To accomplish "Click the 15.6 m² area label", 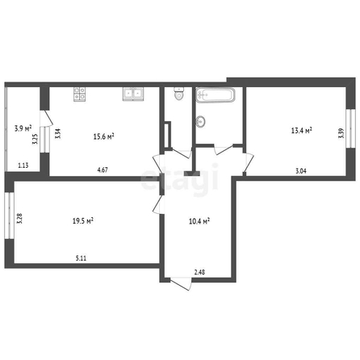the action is [x=104, y=136].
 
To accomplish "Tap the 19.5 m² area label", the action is [x=83, y=221].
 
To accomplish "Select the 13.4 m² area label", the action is [x=302, y=131].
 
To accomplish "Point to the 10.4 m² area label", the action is [x=199, y=221].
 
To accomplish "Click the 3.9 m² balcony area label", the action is [x=23, y=128].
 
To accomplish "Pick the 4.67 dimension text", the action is [x=103, y=170].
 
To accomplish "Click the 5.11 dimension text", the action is [x=81, y=258].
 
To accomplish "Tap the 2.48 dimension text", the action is [x=199, y=272].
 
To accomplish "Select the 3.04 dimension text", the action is [x=301, y=170].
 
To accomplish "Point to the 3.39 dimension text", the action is [x=341, y=133].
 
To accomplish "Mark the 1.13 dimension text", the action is [x=23, y=165].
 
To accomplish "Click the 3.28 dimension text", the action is [x=19, y=219].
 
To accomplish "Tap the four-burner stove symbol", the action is [x=79, y=94].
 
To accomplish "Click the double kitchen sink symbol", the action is [x=133, y=94].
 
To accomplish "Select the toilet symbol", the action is [x=179, y=94].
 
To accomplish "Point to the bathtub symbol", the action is [x=216, y=94].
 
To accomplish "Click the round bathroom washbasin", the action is [x=200, y=121].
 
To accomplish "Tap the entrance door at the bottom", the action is [x=181, y=283].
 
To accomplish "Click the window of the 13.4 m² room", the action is [x=350, y=128].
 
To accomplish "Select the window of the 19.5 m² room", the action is [x=9, y=216].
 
